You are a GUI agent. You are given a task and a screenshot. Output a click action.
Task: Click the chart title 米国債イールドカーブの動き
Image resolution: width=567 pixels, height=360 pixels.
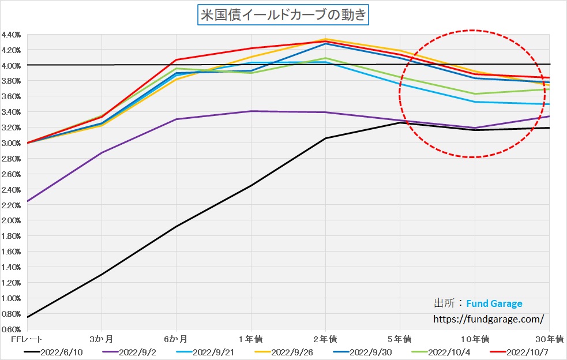[283, 14]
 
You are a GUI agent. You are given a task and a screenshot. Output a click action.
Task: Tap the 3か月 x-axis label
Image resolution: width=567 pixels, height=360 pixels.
[102, 338]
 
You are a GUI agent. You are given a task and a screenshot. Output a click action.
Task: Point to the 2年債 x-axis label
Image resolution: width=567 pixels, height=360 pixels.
[325, 338]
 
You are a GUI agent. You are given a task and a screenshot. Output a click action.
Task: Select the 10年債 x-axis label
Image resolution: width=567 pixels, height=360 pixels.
[474, 338]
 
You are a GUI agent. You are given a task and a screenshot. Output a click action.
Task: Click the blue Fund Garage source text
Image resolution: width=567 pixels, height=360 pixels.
[494, 303]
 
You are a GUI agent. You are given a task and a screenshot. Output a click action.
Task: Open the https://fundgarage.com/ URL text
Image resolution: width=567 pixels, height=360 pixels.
[488, 318]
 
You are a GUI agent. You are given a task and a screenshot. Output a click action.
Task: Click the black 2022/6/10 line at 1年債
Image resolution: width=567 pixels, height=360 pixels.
[251, 186]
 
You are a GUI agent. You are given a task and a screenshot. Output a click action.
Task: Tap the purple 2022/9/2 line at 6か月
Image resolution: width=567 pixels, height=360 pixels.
[177, 119]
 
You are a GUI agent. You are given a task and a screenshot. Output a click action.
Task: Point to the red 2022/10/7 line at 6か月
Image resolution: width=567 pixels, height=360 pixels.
[177, 60]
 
